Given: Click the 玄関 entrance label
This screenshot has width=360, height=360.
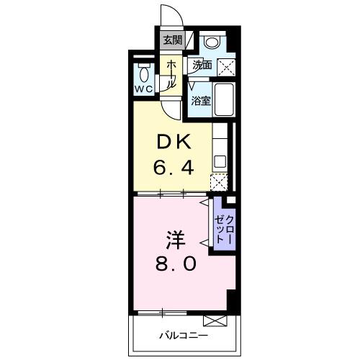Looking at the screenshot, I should (x=172, y=40).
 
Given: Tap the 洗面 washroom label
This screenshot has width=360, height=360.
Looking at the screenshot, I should (x=202, y=66).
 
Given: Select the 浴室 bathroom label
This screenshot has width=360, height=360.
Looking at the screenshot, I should (x=201, y=101).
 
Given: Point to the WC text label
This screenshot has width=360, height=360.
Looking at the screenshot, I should (x=143, y=89).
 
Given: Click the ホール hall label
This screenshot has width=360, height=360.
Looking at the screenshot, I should (x=172, y=73).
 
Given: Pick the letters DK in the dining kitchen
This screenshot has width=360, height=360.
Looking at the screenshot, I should (x=173, y=143).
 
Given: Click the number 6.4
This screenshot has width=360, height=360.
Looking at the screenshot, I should (x=173, y=169).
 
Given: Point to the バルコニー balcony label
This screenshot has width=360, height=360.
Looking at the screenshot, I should (x=183, y=336).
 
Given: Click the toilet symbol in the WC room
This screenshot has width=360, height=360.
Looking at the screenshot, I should (x=143, y=74).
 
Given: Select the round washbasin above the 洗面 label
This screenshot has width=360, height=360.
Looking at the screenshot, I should (x=210, y=42).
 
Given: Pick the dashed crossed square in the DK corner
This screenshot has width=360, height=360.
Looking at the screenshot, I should (x=219, y=181).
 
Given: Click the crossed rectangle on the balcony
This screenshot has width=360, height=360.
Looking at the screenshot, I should (x=215, y=320).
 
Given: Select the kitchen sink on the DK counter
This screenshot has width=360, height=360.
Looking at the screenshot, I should (x=221, y=161).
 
